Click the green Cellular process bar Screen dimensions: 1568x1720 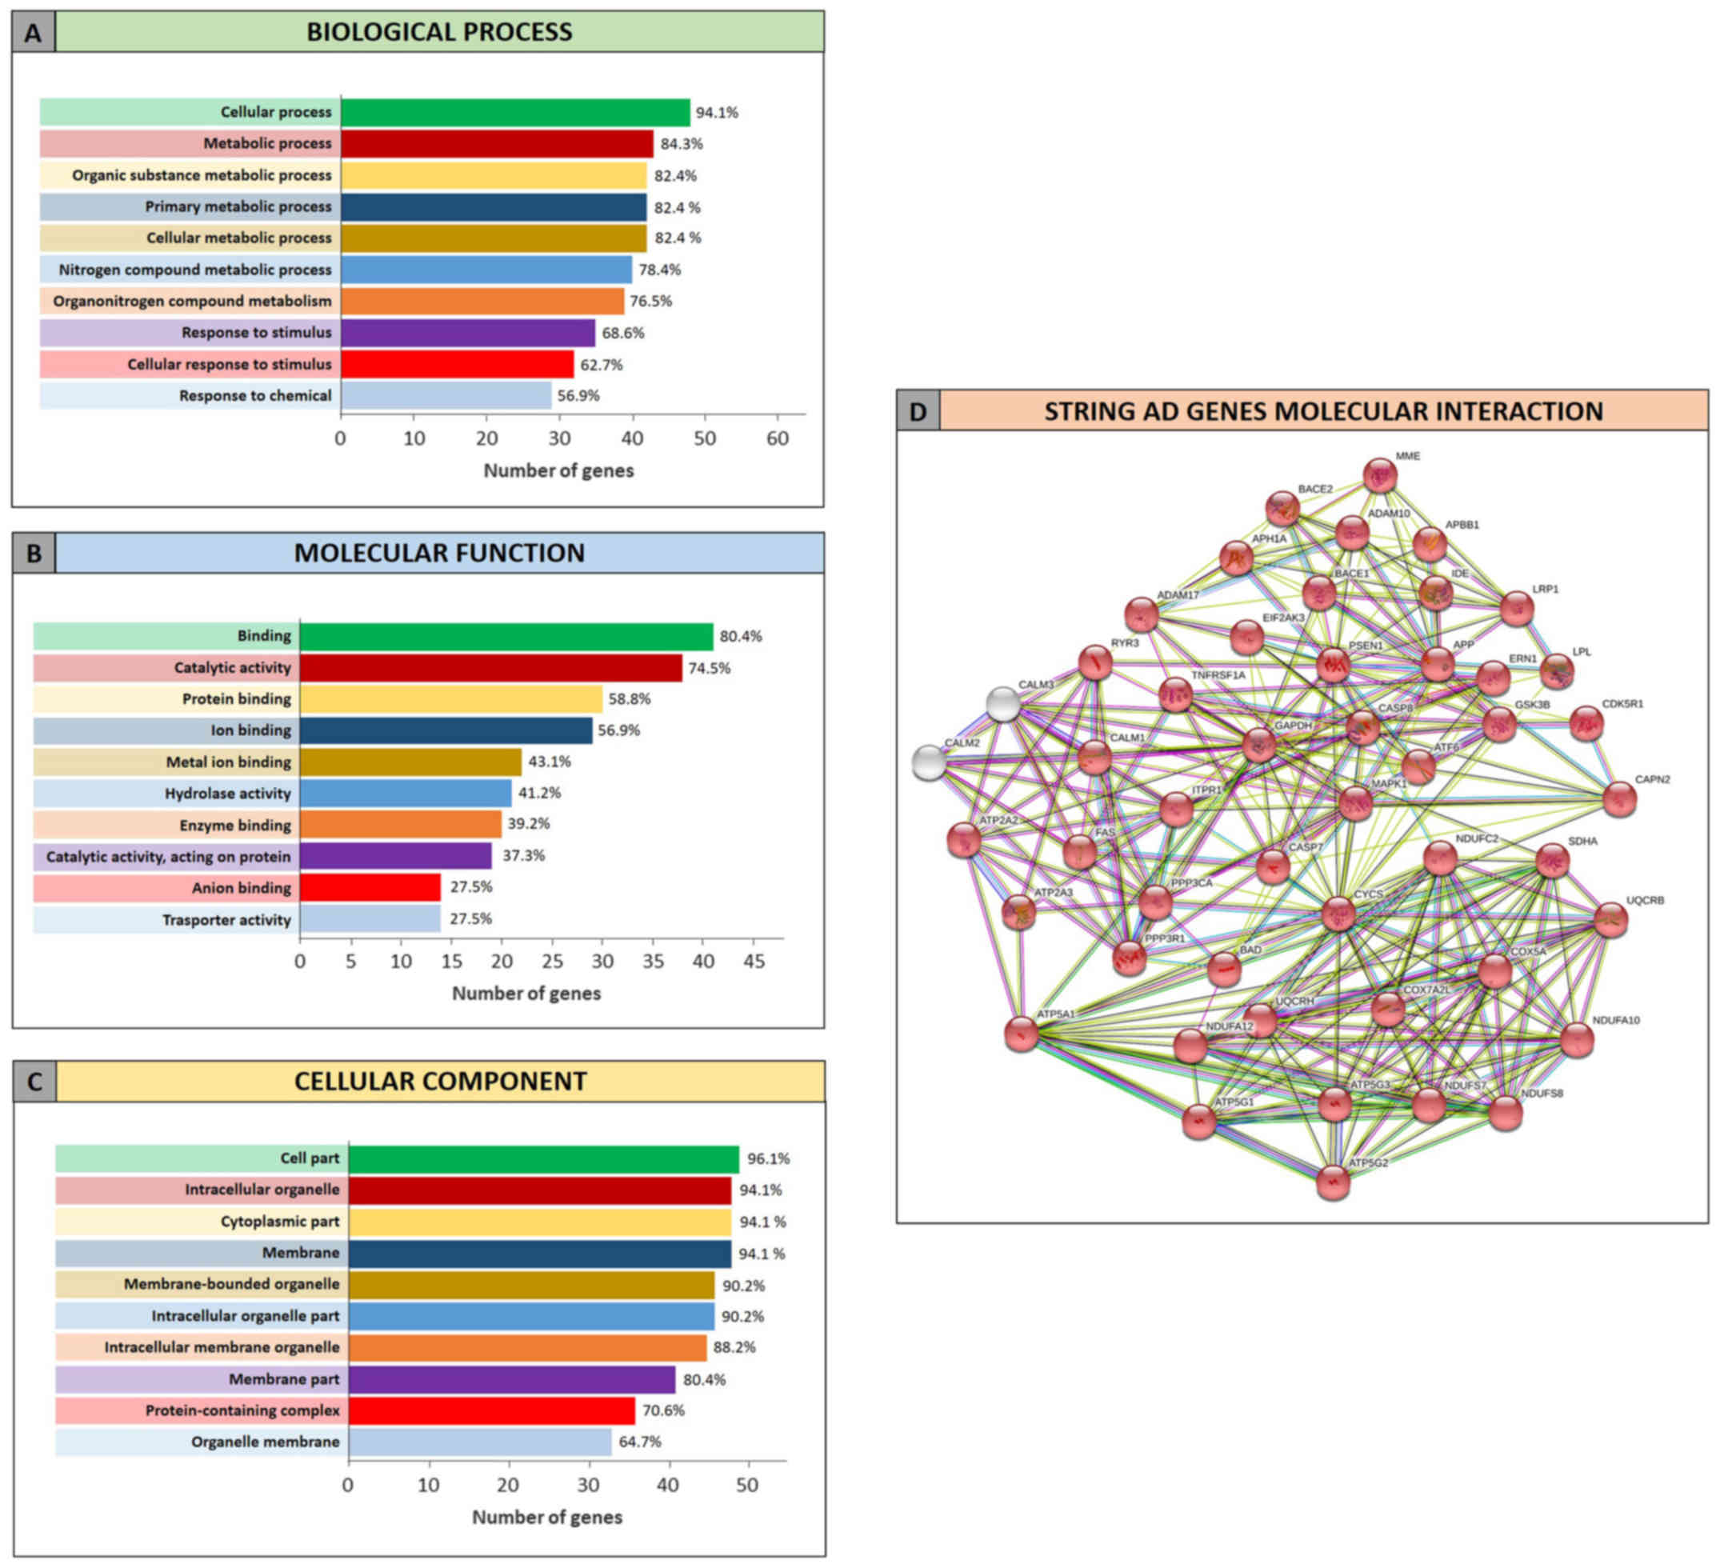click(514, 113)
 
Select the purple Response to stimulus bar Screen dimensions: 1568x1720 click(467, 333)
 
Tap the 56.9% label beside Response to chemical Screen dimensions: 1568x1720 click(578, 396)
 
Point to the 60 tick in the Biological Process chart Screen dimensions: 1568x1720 click(778, 438)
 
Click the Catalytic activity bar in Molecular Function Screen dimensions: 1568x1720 click(490, 668)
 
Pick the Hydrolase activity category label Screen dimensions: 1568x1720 click(228, 794)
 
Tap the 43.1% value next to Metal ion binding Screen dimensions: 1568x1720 click(550, 762)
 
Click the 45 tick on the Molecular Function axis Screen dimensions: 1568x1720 click(754, 962)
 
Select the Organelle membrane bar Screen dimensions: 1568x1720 click(479, 1442)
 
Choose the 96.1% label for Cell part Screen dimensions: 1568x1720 click(768, 1158)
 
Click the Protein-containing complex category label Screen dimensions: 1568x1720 click(242, 1410)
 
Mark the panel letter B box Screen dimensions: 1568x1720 click(34, 554)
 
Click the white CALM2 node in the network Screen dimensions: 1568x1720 click(928, 762)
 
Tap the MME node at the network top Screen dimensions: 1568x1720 click(1379, 475)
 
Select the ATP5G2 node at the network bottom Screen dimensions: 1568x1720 click(1333, 1183)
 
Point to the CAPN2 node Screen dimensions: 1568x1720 click(1619, 799)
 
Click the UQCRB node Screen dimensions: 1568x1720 click(1610, 920)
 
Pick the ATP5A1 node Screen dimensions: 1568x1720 click(1022, 1034)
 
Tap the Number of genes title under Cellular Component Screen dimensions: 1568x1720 click(547, 1518)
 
